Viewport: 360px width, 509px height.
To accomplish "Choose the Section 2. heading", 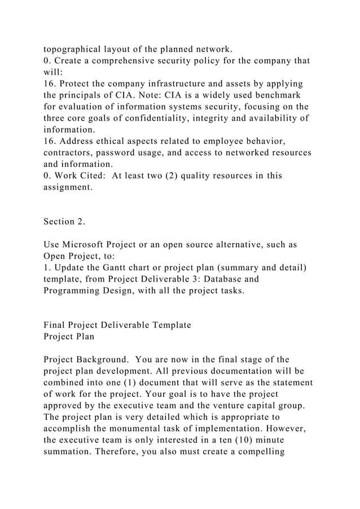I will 64,222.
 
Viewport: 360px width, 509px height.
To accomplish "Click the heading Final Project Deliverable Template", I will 117,325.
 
